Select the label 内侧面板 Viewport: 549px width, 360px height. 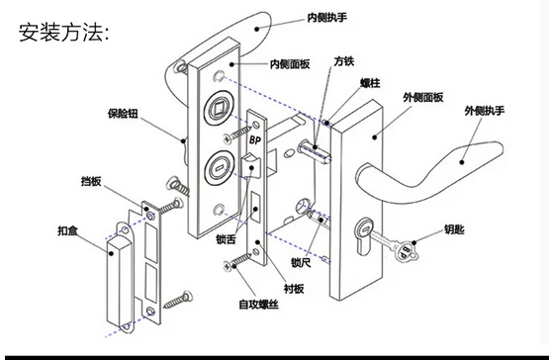pyautogui.click(x=291, y=63)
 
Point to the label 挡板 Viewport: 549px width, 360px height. pyautogui.click(x=94, y=181)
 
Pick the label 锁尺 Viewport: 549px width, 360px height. pyautogui.click(x=301, y=263)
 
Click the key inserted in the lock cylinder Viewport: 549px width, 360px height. pyautogui.click(x=395, y=247)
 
